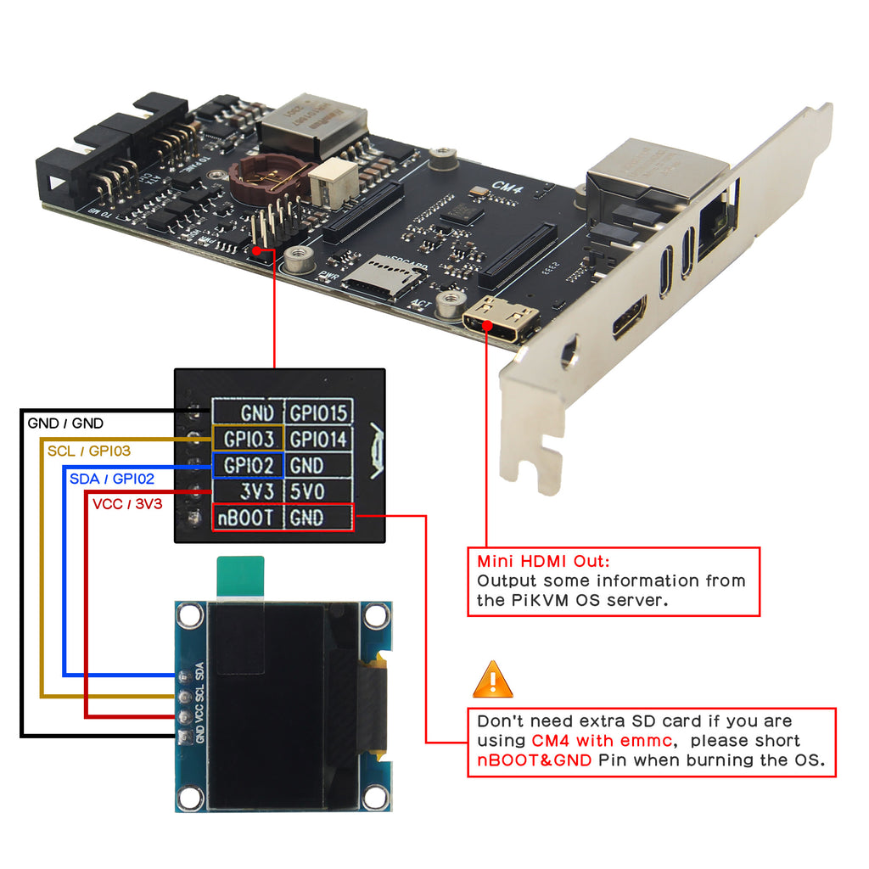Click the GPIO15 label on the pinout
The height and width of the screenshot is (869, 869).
point(318,413)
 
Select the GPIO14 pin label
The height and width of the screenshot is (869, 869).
point(318,440)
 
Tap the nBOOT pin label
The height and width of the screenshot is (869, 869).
point(246,518)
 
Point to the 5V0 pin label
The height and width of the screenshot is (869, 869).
point(306,491)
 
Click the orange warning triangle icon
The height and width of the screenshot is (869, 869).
point(493,680)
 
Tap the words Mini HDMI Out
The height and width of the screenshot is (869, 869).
point(543,561)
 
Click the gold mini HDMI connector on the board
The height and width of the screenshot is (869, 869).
point(501,322)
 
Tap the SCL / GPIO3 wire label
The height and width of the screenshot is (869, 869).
point(89,451)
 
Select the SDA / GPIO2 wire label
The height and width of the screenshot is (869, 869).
point(111,479)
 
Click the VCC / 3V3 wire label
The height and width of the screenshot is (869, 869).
point(127,505)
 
